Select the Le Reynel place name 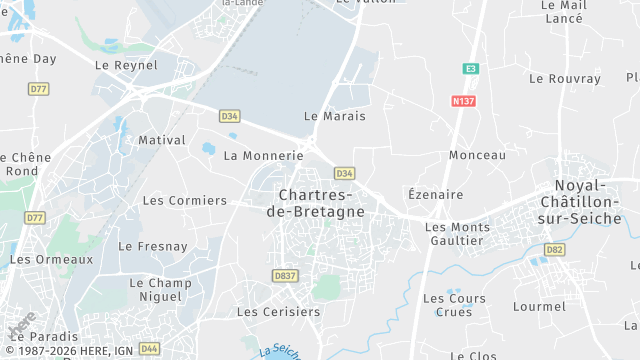[126, 65]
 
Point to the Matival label [162, 140]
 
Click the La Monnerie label [263, 156]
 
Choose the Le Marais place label [334, 116]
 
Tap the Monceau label [477, 155]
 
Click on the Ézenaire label [436, 194]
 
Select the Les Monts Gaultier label [457, 233]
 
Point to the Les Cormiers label [184, 200]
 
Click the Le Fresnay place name [153, 246]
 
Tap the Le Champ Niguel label [160, 290]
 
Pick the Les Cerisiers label [278, 312]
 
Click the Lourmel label [538, 306]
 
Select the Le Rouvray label [565, 78]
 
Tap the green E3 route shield [470, 68]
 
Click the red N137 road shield [462, 101]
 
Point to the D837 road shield [285, 276]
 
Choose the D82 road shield [555, 249]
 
